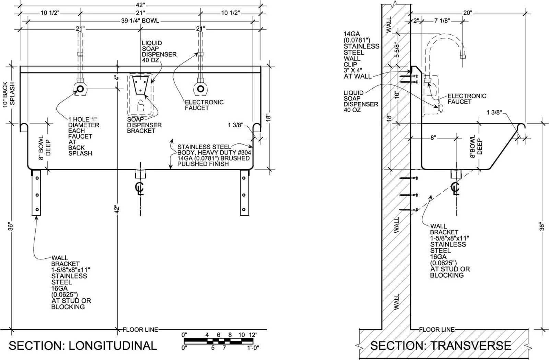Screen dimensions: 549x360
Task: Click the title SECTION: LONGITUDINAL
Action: click(x=83, y=346)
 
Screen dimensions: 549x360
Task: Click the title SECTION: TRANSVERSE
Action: click(x=441, y=346)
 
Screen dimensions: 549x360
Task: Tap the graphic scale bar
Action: click(x=218, y=341)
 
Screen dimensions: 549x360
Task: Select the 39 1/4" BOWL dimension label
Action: click(x=140, y=21)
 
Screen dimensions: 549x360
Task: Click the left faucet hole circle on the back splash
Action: click(x=80, y=89)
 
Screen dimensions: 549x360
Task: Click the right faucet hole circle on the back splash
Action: click(x=200, y=89)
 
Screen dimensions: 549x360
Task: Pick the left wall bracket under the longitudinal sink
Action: click(x=36, y=193)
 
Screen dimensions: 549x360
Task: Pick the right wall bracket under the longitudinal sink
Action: click(x=244, y=193)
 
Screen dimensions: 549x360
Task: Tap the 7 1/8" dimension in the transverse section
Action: click(x=442, y=21)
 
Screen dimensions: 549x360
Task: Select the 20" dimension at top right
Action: click(x=467, y=13)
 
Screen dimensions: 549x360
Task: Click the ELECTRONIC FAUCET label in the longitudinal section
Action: click(x=204, y=105)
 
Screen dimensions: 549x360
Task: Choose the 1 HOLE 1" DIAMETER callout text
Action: click(x=84, y=136)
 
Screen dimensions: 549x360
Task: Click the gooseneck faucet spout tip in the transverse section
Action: click(x=463, y=56)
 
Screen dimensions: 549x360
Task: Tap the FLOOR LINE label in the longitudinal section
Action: click(x=140, y=329)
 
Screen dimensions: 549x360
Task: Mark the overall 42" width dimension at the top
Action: click(x=140, y=5)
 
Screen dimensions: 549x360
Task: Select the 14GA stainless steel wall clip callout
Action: click(x=361, y=55)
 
